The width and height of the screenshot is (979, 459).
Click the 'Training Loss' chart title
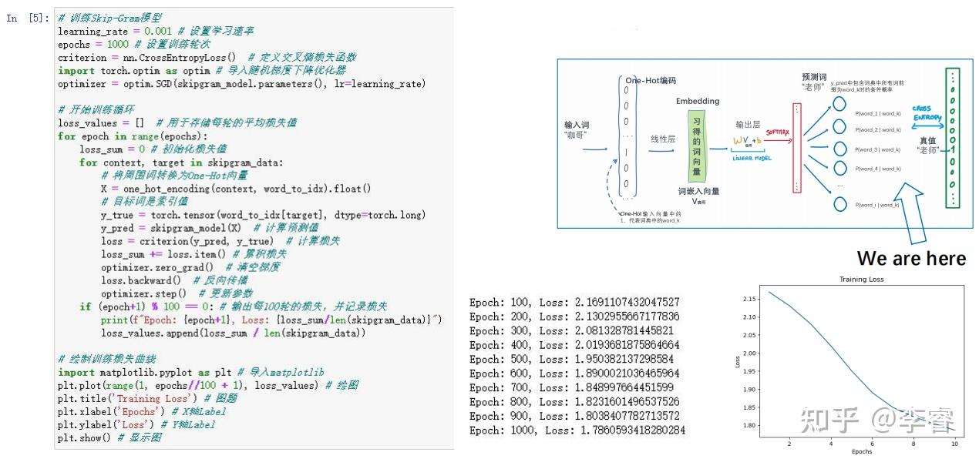pos(862,280)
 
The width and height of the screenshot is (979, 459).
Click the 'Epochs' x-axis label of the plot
pos(861,451)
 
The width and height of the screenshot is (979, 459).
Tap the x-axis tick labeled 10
pos(954,443)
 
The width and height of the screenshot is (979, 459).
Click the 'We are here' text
pos(911,259)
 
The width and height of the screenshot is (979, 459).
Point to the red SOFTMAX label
pos(777,132)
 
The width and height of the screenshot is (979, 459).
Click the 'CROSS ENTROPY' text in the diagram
pos(926,113)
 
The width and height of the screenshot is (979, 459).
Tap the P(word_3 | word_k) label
pos(877,149)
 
